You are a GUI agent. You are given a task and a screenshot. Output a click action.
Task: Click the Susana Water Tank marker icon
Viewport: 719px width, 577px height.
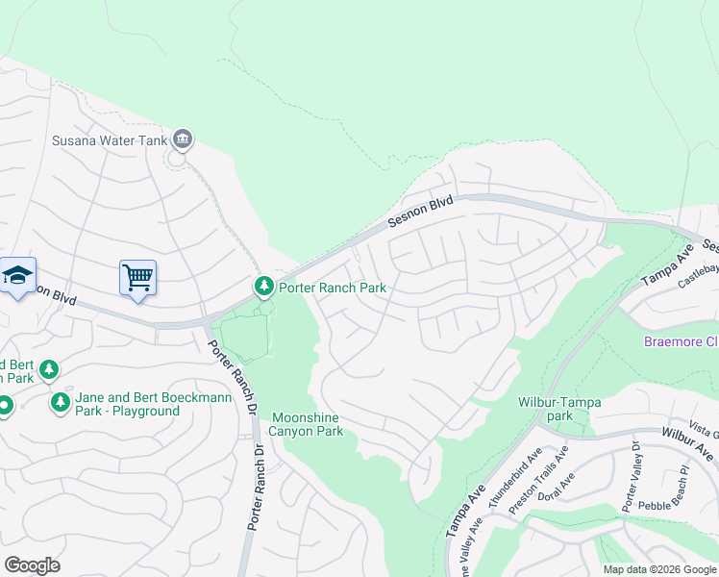coord(183,139)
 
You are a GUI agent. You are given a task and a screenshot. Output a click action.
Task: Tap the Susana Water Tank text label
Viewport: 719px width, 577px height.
coord(110,140)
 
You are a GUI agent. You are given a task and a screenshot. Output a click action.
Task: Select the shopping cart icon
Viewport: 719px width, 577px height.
coord(137,278)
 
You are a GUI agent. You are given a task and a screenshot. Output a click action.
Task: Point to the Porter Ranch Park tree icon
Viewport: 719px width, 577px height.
coord(263,287)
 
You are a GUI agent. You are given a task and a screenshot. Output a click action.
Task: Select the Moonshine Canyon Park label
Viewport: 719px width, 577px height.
coord(307,424)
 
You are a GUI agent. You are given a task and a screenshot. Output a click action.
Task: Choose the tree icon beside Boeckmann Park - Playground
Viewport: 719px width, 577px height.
coord(61,402)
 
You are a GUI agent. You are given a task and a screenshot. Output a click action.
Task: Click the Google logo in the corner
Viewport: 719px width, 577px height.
coord(32,565)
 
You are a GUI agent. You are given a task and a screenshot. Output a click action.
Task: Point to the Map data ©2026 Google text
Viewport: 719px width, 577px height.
coord(658,569)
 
